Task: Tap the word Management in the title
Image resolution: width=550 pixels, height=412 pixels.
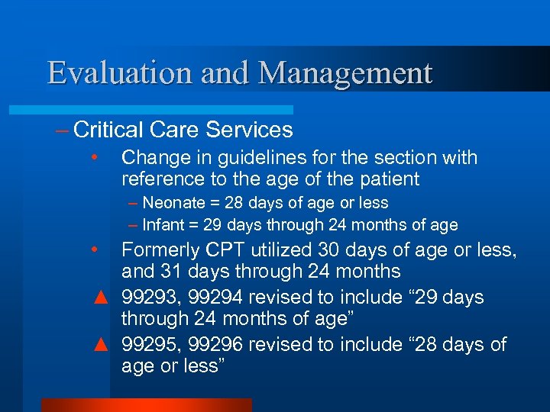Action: point(345,74)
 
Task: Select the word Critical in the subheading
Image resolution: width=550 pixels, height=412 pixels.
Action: point(110,130)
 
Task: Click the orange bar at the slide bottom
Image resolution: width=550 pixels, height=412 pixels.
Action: point(146,404)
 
